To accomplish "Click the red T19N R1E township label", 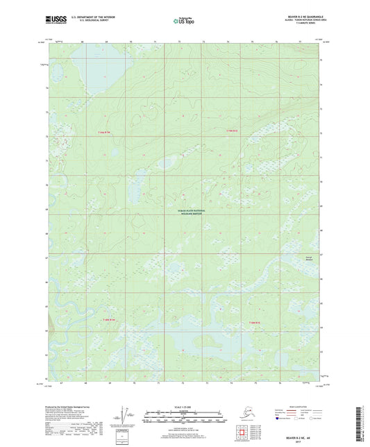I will point(232,130).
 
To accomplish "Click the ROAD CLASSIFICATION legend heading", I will point(287,406).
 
